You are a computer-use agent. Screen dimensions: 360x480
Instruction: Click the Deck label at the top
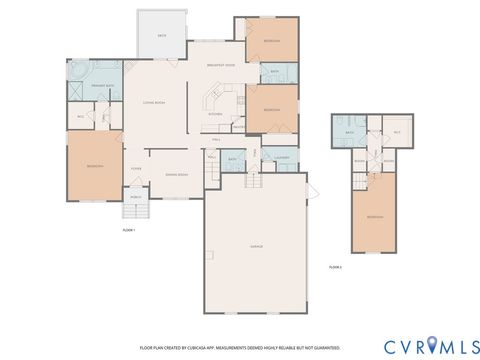(x=162, y=35)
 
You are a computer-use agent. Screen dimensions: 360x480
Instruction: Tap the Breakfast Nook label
(x=220, y=65)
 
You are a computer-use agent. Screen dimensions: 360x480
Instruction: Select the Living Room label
(x=153, y=104)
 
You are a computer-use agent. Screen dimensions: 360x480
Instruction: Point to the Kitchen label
(x=215, y=115)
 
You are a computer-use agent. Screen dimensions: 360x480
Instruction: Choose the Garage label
(x=256, y=246)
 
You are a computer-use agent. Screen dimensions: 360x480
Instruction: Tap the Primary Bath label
(x=102, y=86)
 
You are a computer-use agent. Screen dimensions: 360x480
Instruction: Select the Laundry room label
(x=282, y=158)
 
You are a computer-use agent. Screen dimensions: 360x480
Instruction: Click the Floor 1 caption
(x=128, y=231)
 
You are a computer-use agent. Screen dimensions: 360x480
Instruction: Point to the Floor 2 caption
(x=336, y=268)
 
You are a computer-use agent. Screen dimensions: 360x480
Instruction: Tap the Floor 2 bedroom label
(x=375, y=217)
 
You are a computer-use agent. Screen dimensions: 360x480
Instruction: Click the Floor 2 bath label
(x=350, y=133)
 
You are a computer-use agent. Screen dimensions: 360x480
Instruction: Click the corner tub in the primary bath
(x=78, y=72)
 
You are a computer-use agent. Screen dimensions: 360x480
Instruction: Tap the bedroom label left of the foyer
(x=93, y=166)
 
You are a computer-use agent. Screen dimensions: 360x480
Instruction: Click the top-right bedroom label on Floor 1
(x=271, y=40)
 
